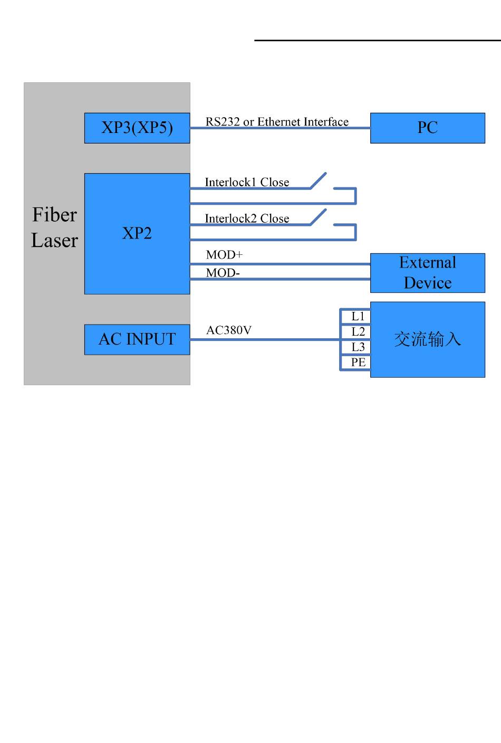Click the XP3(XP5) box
point(137,128)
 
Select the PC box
point(427,128)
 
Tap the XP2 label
point(137,233)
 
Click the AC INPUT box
point(137,340)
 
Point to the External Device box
point(427,273)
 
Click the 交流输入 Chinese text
point(427,339)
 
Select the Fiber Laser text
point(55,227)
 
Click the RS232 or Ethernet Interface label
point(277,122)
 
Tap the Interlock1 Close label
point(247,182)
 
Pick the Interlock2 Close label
point(247,218)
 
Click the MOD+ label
point(225,255)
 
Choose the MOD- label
point(223,273)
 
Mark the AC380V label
point(229,330)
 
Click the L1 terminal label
point(358,317)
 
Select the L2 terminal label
point(358,332)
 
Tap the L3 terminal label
point(358,347)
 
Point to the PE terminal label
point(359,362)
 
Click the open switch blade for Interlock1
point(318,181)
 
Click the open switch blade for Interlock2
point(318,217)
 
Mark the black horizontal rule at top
point(378,41)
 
